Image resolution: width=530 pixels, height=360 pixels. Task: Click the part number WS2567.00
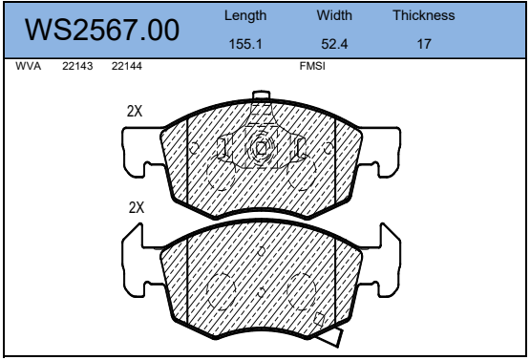pos(102,30)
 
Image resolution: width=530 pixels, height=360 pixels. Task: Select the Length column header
pos(245,16)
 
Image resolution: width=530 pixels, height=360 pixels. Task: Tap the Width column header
pos(334,15)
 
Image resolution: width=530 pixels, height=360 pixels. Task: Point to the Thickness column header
pos(424,15)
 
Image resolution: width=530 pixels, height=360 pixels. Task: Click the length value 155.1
pos(245,44)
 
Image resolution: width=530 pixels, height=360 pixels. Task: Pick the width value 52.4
pos(334,44)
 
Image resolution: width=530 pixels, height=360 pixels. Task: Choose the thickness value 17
pos(424,44)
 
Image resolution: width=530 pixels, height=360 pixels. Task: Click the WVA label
pos(28,66)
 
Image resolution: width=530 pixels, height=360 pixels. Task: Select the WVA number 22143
pos(77,66)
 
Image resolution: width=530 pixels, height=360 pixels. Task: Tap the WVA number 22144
pos(127,66)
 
